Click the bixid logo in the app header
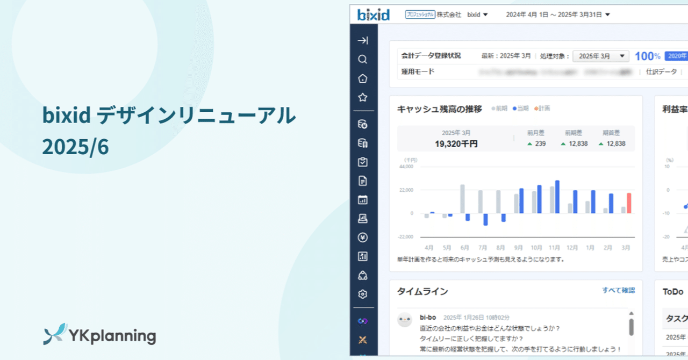(373, 15)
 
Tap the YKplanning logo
(99, 335)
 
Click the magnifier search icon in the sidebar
(363, 60)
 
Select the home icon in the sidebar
(363, 79)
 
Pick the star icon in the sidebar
(363, 98)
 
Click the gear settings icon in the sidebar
(363, 294)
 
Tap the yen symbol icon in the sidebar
(363, 237)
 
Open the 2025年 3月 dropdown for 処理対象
(600, 56)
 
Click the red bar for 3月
(629, 203)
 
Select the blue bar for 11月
(557, 197)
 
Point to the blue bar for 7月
(485, 219)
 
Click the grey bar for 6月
(462, 199)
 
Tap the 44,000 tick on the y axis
(406, 167)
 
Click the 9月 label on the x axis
(519, 248)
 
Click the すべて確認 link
(618, 290)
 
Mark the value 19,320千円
(456, 144)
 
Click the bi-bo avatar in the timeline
(405, 320)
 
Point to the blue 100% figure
(647, 56)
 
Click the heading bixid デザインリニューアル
(169, 116)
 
